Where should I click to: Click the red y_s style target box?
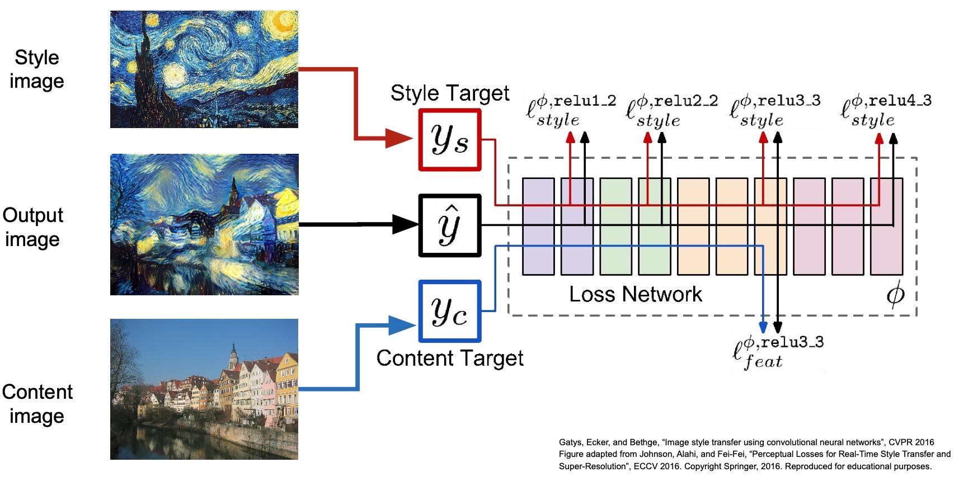point(450,140)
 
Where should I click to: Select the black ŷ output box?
point(450,225)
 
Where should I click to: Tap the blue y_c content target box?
point(450,312)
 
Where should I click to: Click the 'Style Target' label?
point(450,93)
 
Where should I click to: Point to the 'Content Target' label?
point(450,358)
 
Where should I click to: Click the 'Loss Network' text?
point(635,294)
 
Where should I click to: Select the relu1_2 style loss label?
point(571,111)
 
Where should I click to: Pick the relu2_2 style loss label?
point(671,111)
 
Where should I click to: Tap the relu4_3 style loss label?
point(886,111)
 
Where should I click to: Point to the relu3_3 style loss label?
point(775,111)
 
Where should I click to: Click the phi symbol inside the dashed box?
point(895,295)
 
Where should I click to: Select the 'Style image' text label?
point(37,69)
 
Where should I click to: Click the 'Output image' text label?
point(33,227)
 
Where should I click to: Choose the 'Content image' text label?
point(37,404)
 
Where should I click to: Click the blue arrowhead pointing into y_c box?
point(401,325)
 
